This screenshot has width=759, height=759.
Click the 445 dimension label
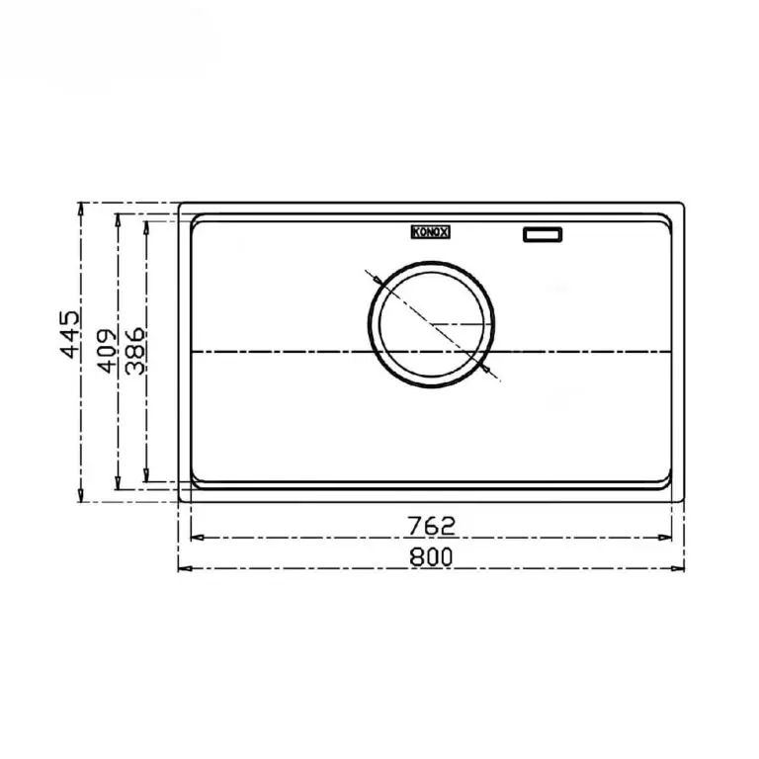tap(69, 336)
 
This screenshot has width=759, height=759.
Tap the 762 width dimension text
tap(431, 523)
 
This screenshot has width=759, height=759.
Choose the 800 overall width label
tap(431, 556)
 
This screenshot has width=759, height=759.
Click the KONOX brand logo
tap(430, 232)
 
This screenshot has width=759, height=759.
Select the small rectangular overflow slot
tap(542, 234)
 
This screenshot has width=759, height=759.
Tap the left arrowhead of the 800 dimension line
tap(182, 569)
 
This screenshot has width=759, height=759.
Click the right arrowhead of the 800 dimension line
tap(681, 569)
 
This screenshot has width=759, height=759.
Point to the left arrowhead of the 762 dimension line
tap(194, 538)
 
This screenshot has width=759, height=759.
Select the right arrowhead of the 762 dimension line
tap(669, 538)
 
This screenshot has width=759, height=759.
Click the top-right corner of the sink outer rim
tap(683, 205)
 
